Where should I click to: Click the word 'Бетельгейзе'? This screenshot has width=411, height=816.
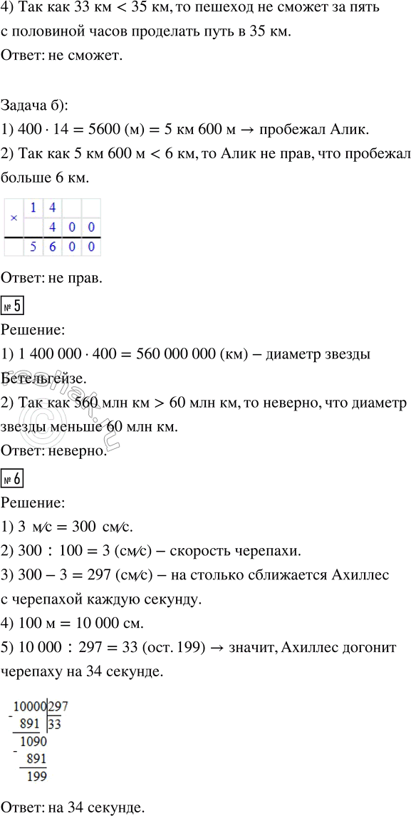(42, 379)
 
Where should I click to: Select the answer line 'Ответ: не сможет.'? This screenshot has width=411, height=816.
(63, 57)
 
